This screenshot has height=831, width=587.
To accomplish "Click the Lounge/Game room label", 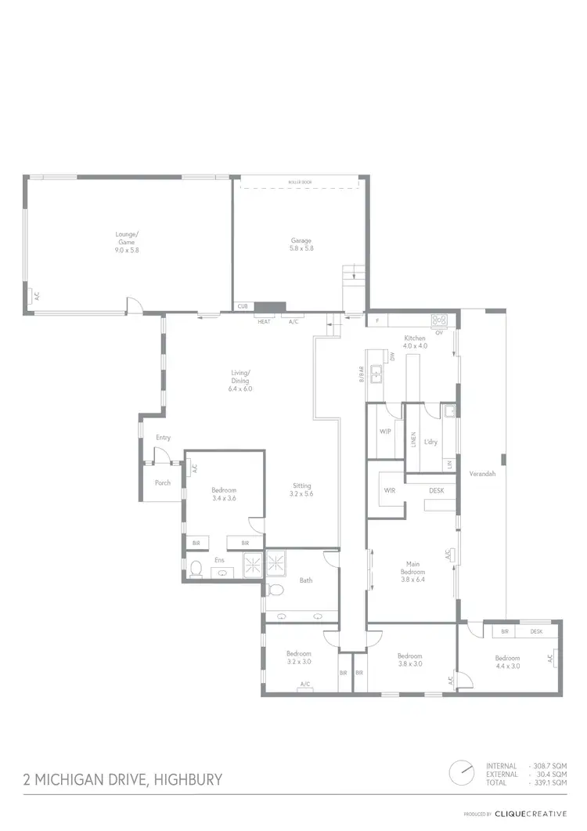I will coord(127,241).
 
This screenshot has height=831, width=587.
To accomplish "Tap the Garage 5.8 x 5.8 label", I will coord(301,244).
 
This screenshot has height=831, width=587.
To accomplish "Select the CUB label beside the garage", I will coord(243,306).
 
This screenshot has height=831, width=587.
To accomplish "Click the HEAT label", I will coord(264,322).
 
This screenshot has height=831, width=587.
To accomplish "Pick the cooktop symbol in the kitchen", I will coord(438,319).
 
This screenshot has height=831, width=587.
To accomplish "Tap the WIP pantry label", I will coord(385,432).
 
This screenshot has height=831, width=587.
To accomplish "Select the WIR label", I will coord(389,490).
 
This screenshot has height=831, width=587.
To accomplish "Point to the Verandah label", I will coord(482,474).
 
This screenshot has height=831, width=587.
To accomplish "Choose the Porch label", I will coord(162,482).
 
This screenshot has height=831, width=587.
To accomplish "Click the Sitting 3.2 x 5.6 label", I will coord(301,490).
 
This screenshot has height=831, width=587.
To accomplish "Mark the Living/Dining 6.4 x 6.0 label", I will coord(239,380).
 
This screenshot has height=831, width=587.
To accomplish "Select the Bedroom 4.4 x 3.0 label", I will coord(507,662).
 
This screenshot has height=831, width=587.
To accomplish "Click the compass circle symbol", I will coord(462,772).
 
